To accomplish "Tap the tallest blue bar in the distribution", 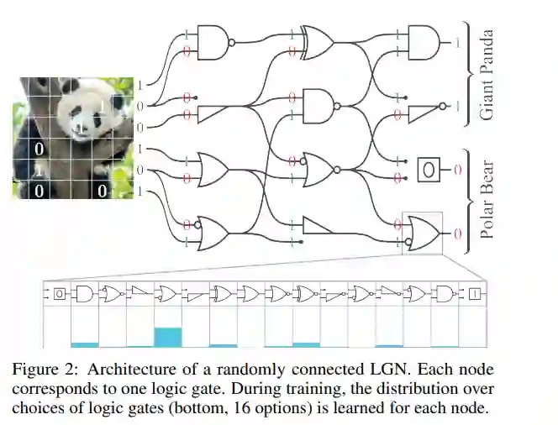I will (167, 336).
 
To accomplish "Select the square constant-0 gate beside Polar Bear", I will (428, 170).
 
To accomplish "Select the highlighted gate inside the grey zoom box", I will (420, 233).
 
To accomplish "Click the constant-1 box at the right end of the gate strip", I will (473, 294).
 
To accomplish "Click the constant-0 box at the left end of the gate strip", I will (59, 294).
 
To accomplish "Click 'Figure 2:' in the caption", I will (41, 370).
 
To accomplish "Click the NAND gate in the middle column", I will (318, 106).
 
